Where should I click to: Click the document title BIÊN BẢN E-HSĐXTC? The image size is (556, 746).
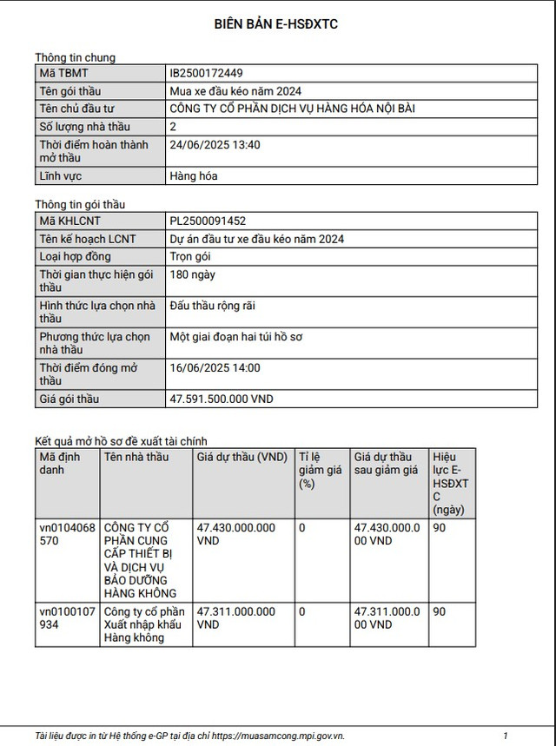tap(276, 24)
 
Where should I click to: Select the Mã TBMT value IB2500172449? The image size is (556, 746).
tap(207, 74)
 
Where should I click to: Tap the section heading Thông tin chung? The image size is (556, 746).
tap(75, 57)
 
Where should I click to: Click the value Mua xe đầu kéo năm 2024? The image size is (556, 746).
tap(235, 91)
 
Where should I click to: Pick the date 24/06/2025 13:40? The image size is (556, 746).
tap(215, 145)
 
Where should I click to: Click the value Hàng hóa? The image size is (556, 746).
tap(194, 176)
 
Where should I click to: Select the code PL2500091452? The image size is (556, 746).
tap(208, 221)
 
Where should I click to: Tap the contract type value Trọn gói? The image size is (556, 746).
tap(190, 256)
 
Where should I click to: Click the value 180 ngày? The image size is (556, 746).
tap(192, 274)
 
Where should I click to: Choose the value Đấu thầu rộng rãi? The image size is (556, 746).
tap(213, 306)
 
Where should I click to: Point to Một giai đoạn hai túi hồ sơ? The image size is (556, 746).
tap(236, 336)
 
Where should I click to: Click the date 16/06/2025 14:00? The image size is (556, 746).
tap(215, 367)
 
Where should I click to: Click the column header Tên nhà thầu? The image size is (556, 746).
tap(136, 458)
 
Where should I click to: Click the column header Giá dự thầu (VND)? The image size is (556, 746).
tap(242, 458)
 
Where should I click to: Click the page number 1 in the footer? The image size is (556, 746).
tap(505, 735)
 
